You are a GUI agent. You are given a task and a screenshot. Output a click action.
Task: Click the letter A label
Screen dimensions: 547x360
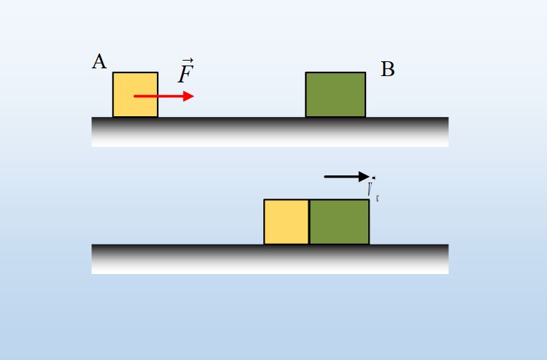coord(99,62)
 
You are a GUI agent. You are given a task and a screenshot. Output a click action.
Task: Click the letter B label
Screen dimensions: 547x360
coord(387,69)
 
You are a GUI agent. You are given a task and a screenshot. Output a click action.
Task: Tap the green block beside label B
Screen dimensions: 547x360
coord(335,94)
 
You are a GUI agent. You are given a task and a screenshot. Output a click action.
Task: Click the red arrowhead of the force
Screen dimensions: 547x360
coord(188,96)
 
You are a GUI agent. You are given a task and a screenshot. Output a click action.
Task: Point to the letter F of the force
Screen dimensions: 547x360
coord(185,74)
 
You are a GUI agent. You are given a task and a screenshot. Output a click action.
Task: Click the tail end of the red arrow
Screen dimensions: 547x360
coord(135,96)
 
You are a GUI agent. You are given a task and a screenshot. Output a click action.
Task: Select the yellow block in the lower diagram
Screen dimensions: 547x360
coord(286,222)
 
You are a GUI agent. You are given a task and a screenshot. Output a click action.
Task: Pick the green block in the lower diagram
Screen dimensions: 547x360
coord(339,222)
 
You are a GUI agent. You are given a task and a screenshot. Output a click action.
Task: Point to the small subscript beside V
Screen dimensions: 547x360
coord(378,199)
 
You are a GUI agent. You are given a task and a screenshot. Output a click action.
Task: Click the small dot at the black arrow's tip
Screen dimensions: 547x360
coord(373,177)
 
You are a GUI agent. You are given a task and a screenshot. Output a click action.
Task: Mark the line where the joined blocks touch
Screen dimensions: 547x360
coord(309,222)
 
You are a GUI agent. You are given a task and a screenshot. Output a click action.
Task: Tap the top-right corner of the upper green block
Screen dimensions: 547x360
coord(365,73)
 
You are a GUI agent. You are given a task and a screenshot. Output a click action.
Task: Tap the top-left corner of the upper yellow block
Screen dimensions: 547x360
coord(113,73)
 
